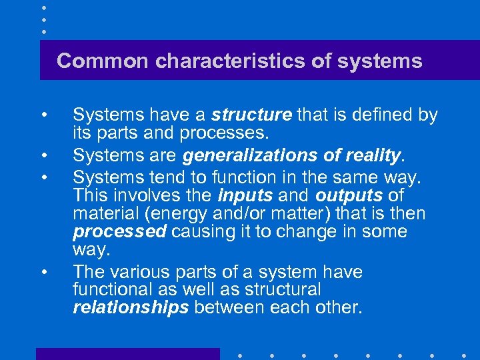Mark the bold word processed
click(119, 232)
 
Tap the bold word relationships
click(131, 308)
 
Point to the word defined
click(381, 115)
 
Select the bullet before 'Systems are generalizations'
click(43, 157)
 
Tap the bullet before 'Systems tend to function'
click(43, 177)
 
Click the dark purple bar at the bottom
click(127, 354)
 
